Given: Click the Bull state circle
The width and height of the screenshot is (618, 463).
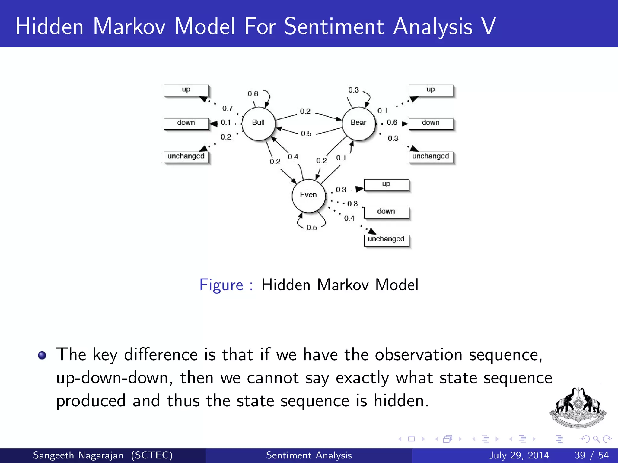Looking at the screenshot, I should (258, 124).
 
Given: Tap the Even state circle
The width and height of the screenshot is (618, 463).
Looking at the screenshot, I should (308, 196).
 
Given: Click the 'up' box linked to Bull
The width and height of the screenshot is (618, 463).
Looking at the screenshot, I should (186, 90).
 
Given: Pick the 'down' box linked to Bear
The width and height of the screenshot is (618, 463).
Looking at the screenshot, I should (431, 124).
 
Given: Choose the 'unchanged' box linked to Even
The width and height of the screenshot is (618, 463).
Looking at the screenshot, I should (386, 240).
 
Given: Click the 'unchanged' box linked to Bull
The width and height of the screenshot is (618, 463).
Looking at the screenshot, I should (186, 157).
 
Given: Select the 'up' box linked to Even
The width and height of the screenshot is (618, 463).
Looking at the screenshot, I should (386, 184).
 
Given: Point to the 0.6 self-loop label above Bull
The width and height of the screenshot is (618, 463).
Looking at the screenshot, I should (253, 94).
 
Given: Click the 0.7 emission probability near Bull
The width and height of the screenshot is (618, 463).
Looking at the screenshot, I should (228, 108).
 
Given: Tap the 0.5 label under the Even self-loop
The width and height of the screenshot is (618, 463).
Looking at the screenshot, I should (312, 228).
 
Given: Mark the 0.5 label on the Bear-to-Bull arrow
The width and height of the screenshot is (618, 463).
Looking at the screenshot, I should (306, 134).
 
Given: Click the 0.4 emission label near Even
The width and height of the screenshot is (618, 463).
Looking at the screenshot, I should (349, 218).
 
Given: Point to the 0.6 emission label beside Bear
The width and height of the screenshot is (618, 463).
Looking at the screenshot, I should (392, 122).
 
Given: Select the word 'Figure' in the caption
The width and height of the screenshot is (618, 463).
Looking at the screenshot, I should (221, 285).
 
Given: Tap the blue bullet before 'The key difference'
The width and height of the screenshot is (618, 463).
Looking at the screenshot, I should (42, 355).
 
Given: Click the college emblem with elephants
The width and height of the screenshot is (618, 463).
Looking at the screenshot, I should (578, 408).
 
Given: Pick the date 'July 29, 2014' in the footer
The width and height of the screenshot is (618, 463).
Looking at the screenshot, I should (519, 455).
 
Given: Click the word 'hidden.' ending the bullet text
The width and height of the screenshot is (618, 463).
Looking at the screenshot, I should (401, 401).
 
